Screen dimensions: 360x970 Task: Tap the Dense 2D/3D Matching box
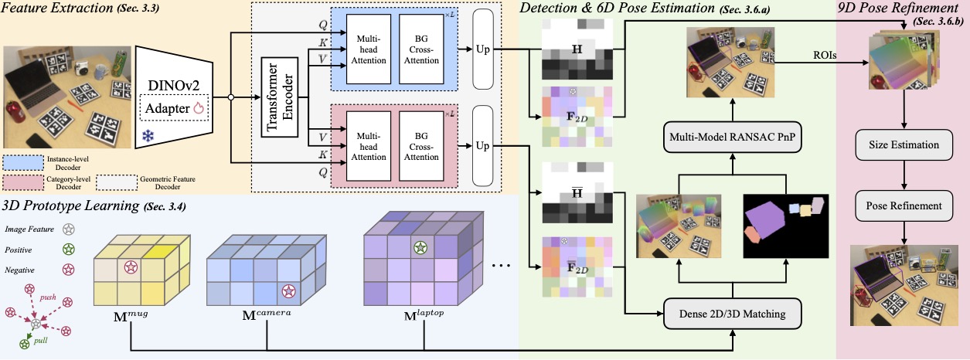733,314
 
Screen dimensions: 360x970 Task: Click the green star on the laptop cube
420,248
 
